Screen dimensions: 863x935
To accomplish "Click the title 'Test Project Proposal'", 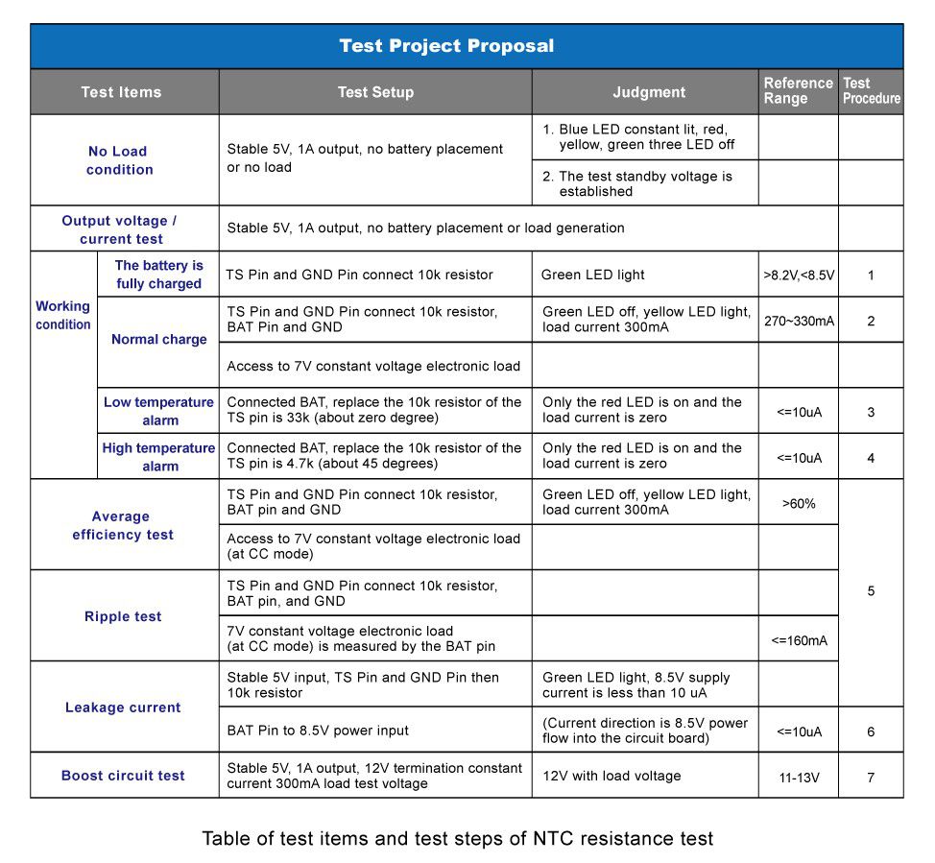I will click(446, 46).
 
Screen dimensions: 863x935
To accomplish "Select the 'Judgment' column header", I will click(649, 92).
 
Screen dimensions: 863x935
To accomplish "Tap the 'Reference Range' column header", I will click(798, 91).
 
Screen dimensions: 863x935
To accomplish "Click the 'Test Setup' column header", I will click(375, 92).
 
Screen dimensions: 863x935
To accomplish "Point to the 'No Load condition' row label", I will click(119, 160).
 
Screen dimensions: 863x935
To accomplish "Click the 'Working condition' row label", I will click(63, 315).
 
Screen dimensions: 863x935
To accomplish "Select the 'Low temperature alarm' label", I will click(159, 411).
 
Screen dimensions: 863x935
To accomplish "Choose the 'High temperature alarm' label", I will click(159, 457).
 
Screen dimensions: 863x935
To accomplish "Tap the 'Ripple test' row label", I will click(123, 616).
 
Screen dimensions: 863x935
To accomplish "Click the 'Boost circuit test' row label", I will click(123, 776).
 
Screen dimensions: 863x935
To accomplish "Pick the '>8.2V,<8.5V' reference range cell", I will click(799, 276).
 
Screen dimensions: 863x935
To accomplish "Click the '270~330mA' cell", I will click(799, 321).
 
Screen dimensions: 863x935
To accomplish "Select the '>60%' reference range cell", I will click(799, 503).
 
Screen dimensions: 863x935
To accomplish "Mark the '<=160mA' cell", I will click(799, 640).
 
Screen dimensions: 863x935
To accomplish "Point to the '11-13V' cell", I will click(799, 777).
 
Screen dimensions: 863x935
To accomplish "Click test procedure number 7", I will click(871, 777).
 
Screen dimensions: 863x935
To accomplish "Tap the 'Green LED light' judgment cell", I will click(592, 276).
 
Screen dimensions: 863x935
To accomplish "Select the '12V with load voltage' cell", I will click(611, 776).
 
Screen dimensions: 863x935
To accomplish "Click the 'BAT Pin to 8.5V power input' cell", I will click(318, 731).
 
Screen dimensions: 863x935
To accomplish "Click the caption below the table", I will click(458, 839).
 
